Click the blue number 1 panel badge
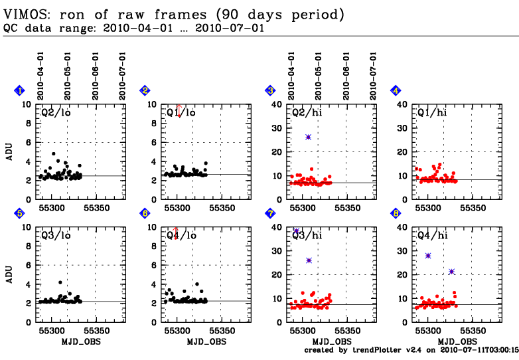pos(20,90)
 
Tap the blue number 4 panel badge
pos(396,90)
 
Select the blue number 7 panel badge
pos(270,213)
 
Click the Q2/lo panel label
pos(56,112)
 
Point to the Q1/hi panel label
pos(431,112)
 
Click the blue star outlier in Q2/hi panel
pos(309,137)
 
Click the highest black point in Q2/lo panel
pos(54,153)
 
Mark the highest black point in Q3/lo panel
pos(60,282)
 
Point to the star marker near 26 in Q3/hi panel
pos(309,260)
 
